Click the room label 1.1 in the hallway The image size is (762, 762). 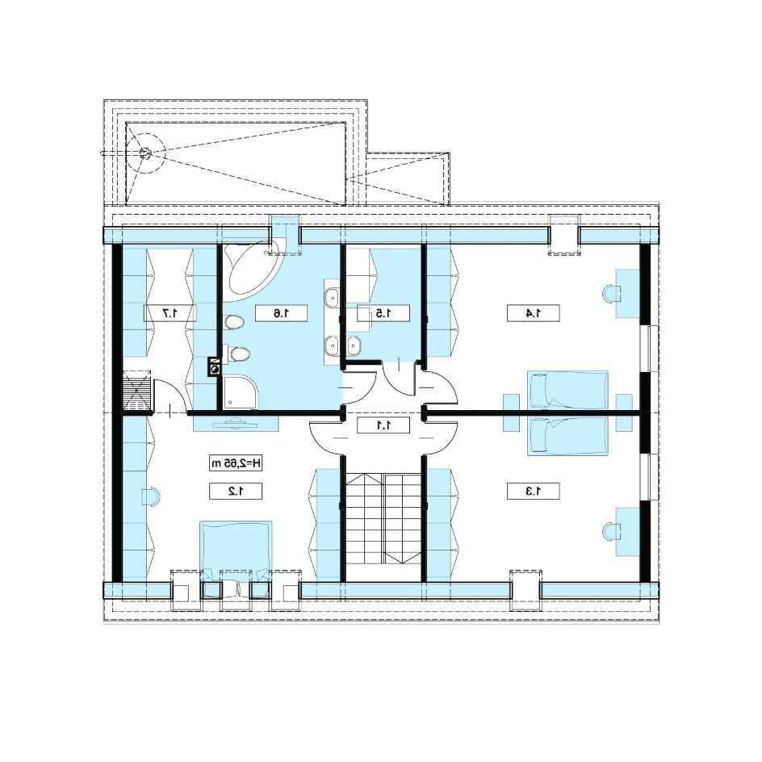[x=383, y=425]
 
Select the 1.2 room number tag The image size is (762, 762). [x=236, y=492]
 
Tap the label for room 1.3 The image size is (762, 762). [x=533, y=492]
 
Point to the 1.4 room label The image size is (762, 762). [x=533, y=313]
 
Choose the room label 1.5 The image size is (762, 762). [x=383, y=313]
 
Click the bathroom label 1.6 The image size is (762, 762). [x=281, y=313]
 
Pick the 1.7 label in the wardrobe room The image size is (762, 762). [x=170, y=313]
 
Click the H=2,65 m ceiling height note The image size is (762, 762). [x=236, y=463]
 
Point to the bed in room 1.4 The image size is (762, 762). [x=567, y=389]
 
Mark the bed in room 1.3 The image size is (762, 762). [x=567, y=436]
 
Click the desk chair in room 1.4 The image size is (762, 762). [x=611, y=294]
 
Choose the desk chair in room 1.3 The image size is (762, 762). [x=611, y=532]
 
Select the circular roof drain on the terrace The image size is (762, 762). [x=144, y=153]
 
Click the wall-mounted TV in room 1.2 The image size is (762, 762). [x=236, y=423]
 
